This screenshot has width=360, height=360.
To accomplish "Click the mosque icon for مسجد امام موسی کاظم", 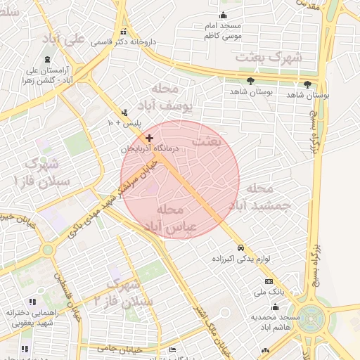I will (x=224, y=15).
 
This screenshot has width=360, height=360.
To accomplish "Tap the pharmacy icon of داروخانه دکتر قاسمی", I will (x=124, y=32).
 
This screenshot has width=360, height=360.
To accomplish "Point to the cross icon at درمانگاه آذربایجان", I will (x=148, y=138).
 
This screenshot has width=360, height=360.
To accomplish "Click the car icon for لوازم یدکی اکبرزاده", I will (x=240, y=248).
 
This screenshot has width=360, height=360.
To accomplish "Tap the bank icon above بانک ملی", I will (x=268, y=281).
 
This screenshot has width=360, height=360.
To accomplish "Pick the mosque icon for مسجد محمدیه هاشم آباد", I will (x=274, y=307).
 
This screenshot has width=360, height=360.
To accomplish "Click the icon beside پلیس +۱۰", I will (x=125, y=112).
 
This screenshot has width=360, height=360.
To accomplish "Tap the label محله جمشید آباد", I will (x=268, y=196).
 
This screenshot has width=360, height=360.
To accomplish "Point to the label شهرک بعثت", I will (x=268, y=58).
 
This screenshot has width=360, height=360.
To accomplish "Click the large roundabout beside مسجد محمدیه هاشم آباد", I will (x=309, y=321).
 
